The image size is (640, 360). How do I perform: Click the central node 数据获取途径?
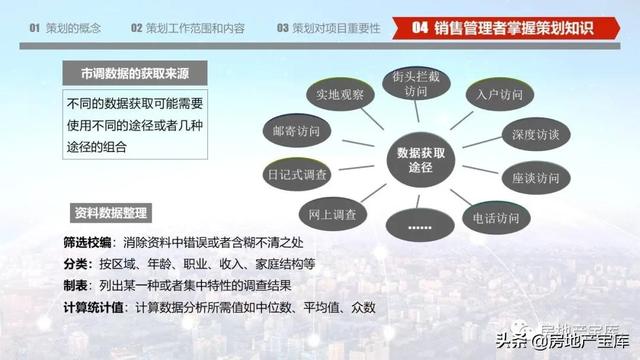421,160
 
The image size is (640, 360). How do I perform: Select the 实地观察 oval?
340,94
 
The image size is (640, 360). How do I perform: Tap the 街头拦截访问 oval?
416,83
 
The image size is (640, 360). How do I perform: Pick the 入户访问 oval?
500,95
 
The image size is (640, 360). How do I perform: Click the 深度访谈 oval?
536,134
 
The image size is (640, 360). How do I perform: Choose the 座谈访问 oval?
536,178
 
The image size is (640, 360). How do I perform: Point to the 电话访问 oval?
496,218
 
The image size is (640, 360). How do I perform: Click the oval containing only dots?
420,225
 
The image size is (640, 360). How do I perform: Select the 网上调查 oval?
333,214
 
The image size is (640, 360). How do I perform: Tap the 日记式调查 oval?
297,175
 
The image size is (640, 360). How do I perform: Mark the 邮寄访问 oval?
297,131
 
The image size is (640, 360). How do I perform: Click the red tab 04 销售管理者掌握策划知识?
506,28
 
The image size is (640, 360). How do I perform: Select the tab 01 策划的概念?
65,28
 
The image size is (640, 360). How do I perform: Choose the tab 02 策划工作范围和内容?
188,28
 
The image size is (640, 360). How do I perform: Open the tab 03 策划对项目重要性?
329,28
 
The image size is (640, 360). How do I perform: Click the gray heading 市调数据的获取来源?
135,73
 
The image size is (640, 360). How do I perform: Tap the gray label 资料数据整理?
111,213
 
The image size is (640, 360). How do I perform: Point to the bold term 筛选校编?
87,242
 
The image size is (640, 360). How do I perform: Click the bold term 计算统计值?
93,307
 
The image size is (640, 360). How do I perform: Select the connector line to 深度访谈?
482,142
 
